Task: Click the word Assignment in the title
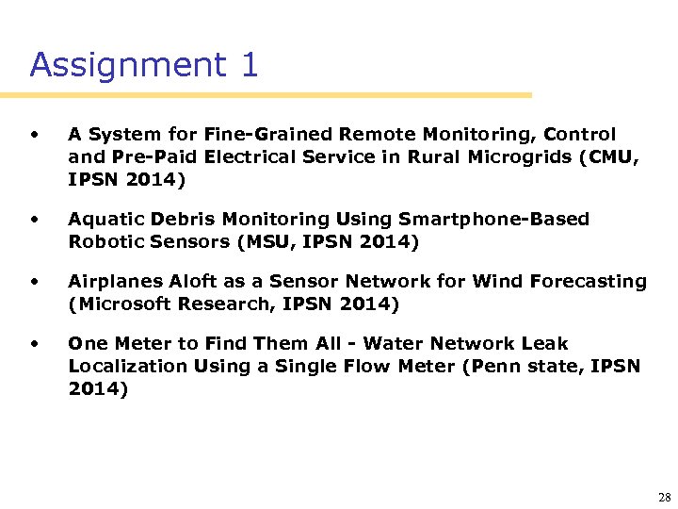coord(128,65)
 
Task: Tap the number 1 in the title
coord(249,65)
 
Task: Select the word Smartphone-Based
coord(494,220)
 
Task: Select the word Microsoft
coord(121,304)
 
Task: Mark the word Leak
coord(548,344)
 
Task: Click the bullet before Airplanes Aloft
coord(35,281)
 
